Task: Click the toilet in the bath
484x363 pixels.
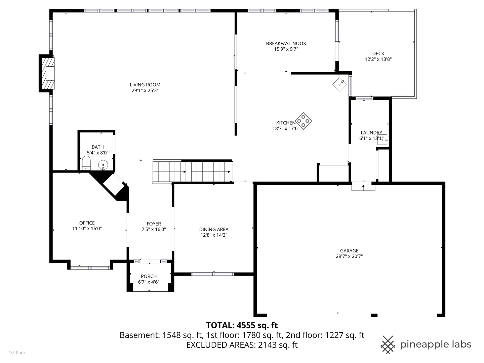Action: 86,163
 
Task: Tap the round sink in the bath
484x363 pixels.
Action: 103,165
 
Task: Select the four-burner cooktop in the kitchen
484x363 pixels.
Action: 304,121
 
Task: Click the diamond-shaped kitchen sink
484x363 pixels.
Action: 339,84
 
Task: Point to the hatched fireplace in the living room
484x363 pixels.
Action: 47,73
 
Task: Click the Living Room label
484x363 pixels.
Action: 145,85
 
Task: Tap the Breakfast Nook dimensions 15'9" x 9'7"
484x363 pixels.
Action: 286,49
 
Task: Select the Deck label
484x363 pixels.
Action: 378,53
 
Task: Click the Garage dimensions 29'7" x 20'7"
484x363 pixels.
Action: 349,256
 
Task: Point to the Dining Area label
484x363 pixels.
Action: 214,230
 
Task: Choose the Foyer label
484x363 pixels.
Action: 154,224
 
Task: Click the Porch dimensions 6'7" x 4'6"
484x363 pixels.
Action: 149,282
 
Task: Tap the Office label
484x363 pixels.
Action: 87,223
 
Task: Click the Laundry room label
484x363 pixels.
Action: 371,133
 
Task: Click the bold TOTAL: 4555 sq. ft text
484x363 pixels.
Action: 242,325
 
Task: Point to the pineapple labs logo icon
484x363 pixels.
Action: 388,345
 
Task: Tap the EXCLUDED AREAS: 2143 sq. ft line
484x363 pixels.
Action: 242,345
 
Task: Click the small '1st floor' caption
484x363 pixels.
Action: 17,353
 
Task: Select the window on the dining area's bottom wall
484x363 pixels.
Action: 212,274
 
